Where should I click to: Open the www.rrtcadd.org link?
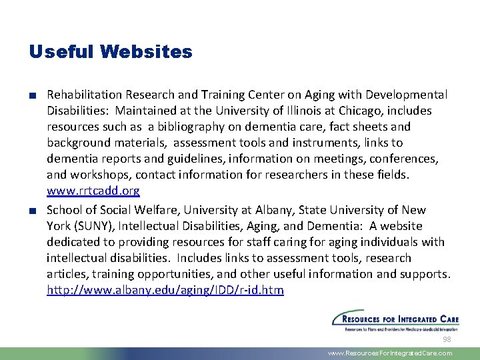pos(93,191)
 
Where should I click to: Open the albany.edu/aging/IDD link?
pos(165,289)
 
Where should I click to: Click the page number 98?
pos(447,339)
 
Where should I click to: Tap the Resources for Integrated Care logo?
pos(392,320)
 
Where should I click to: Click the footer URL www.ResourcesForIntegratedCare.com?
pos(390,353)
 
